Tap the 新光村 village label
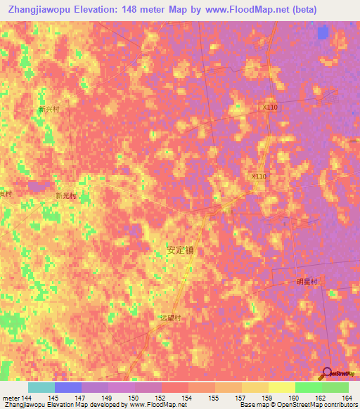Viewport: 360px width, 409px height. [x=65, y=195]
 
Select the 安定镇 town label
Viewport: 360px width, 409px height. [x=180, y=249]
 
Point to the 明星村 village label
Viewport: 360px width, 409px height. [x=307, y=281]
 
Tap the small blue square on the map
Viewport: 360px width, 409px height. [x=323, y=32]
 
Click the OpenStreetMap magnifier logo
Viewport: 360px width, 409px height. [x=328, y=373]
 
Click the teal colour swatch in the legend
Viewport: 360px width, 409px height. [x=41, y=387]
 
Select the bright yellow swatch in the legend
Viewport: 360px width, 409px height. [x=282, y=387]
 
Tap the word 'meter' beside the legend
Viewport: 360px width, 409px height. [x=10, y=398]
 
